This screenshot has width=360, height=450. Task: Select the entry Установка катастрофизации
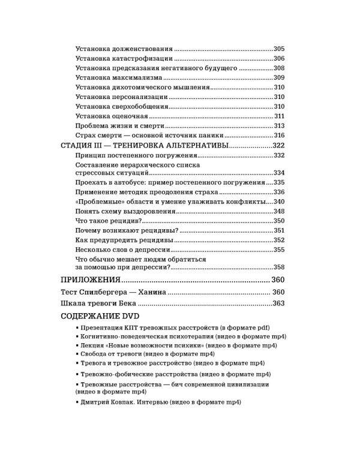coord(125,58)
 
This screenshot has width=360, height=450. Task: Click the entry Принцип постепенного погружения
coord(132,155)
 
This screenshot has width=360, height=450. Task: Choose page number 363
coord(277,304)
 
